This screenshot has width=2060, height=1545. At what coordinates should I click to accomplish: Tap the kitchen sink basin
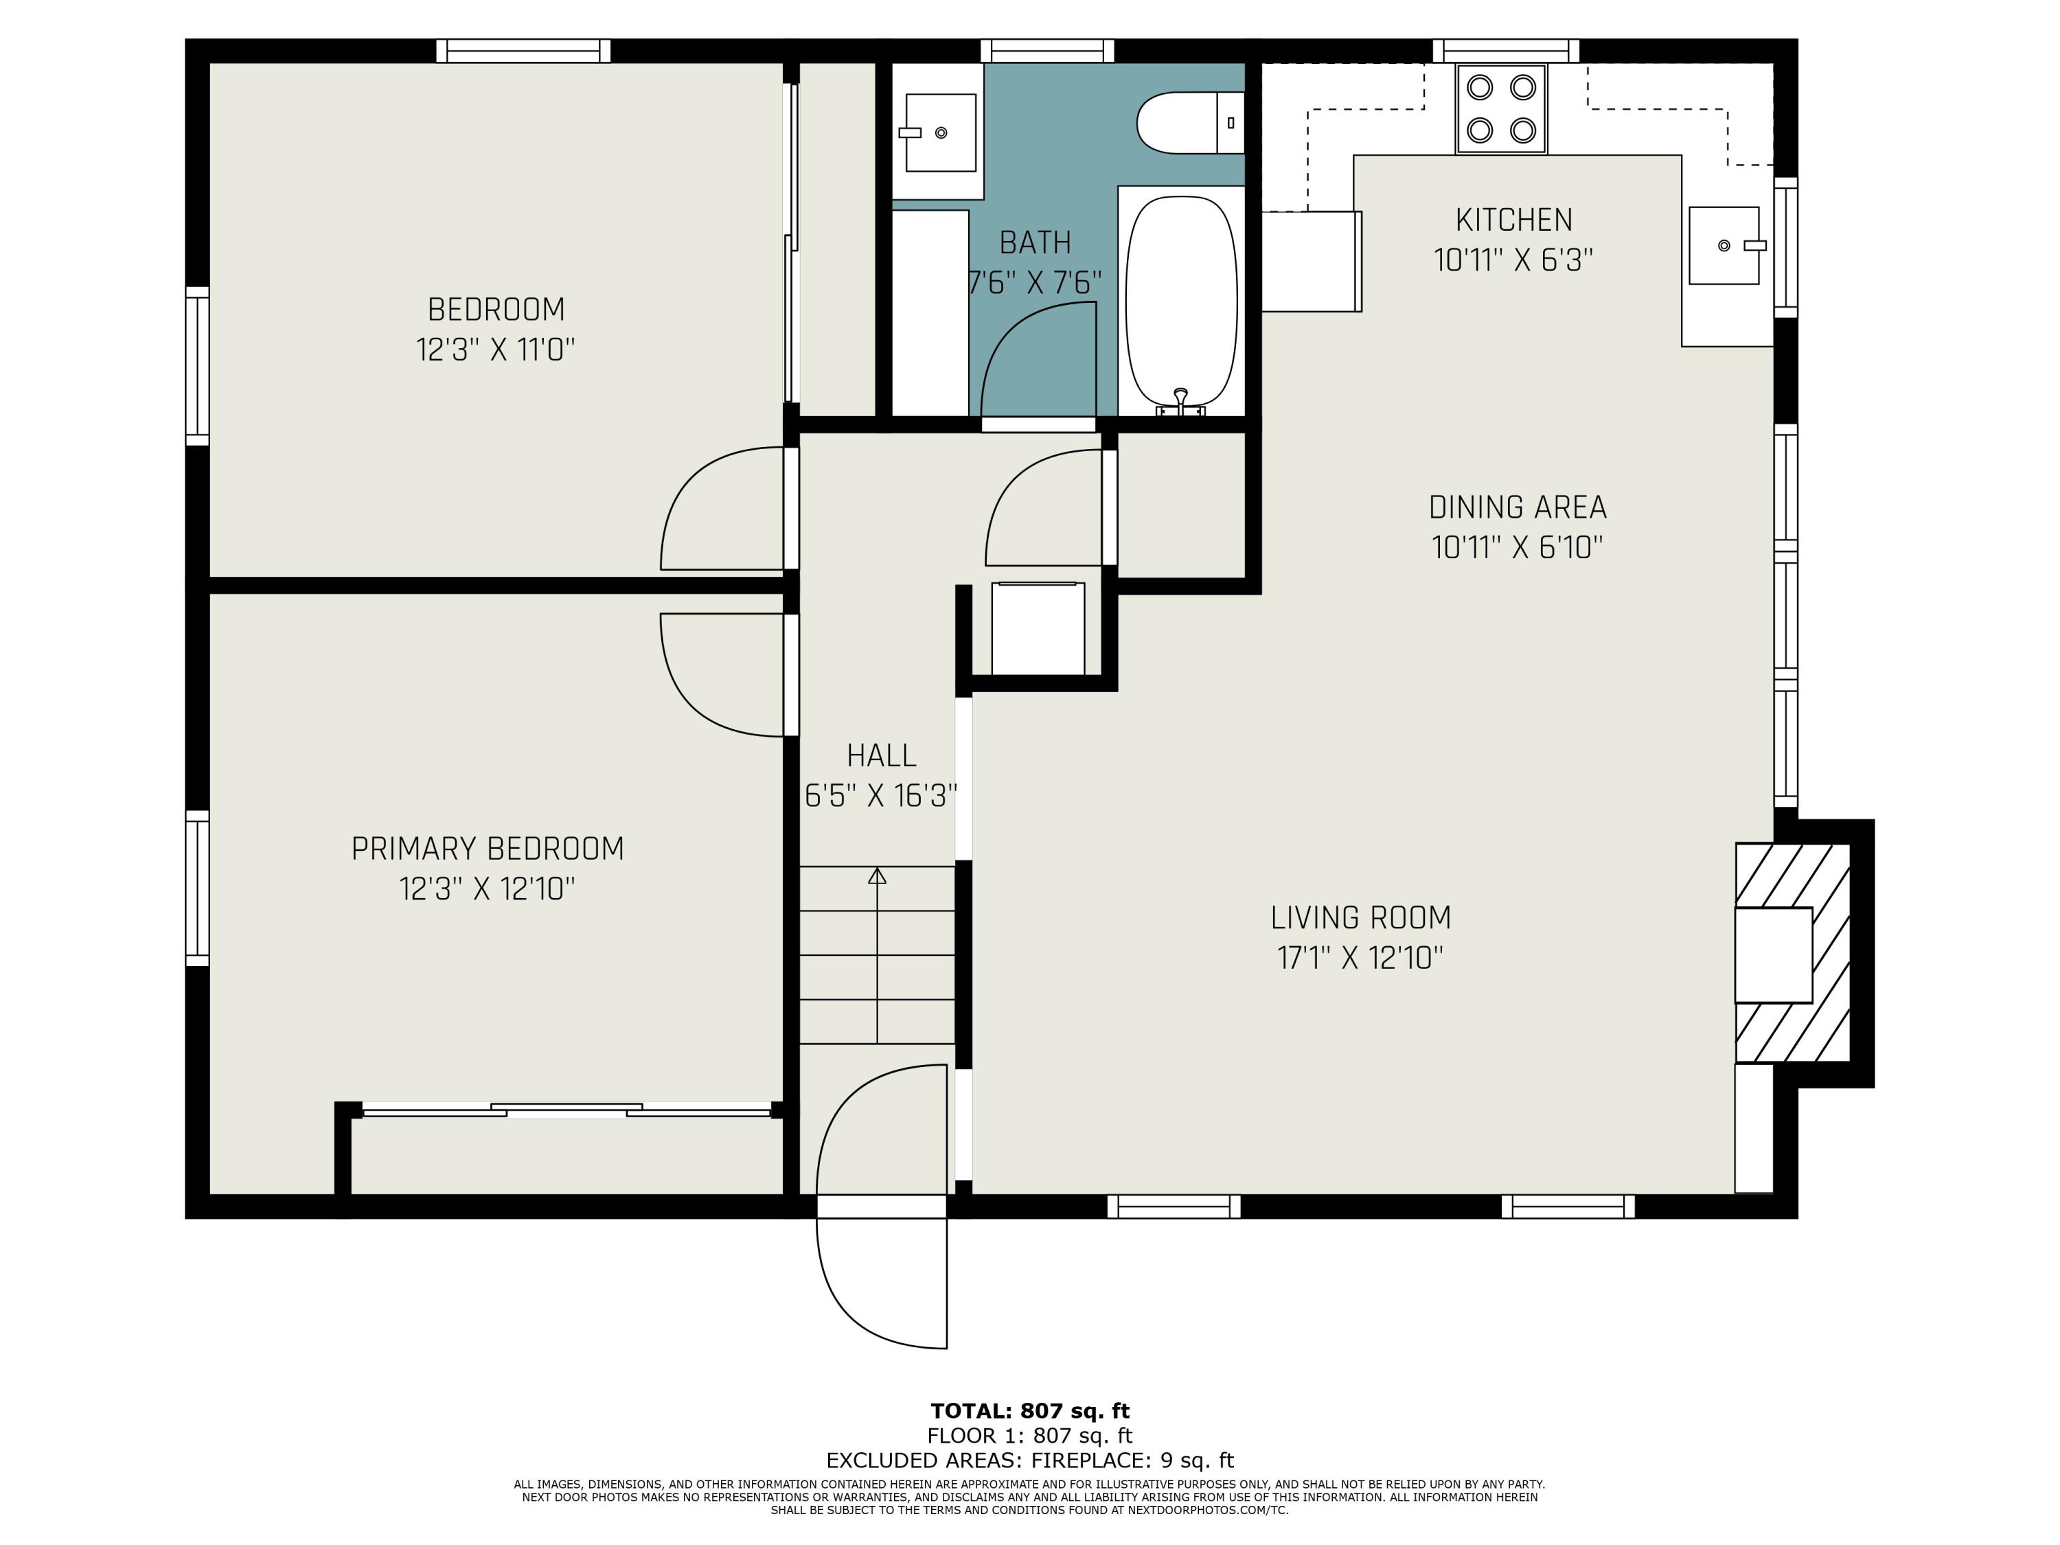tap(1723, 246)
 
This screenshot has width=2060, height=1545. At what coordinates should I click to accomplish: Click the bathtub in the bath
tap(1181, 300)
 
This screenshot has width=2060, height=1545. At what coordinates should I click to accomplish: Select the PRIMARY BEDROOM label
tap(487, 849)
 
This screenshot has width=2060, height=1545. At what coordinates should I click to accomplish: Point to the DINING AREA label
tap(1517, 507)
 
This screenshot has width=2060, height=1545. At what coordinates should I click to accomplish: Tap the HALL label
tap(881, 755)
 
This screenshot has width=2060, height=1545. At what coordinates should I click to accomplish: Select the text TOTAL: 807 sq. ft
tap(1029, 1411)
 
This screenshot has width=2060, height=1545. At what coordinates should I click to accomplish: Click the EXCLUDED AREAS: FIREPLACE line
tap(1029, 1461)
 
